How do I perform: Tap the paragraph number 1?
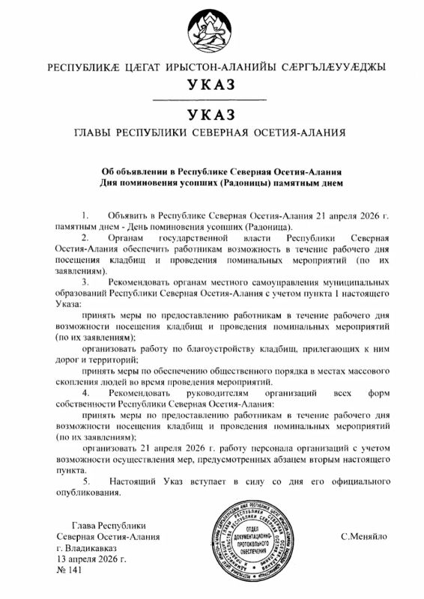[85, 214]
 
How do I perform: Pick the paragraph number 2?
[85, 237]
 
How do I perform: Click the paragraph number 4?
[85, 392]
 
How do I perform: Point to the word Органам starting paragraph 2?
[127, 237]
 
